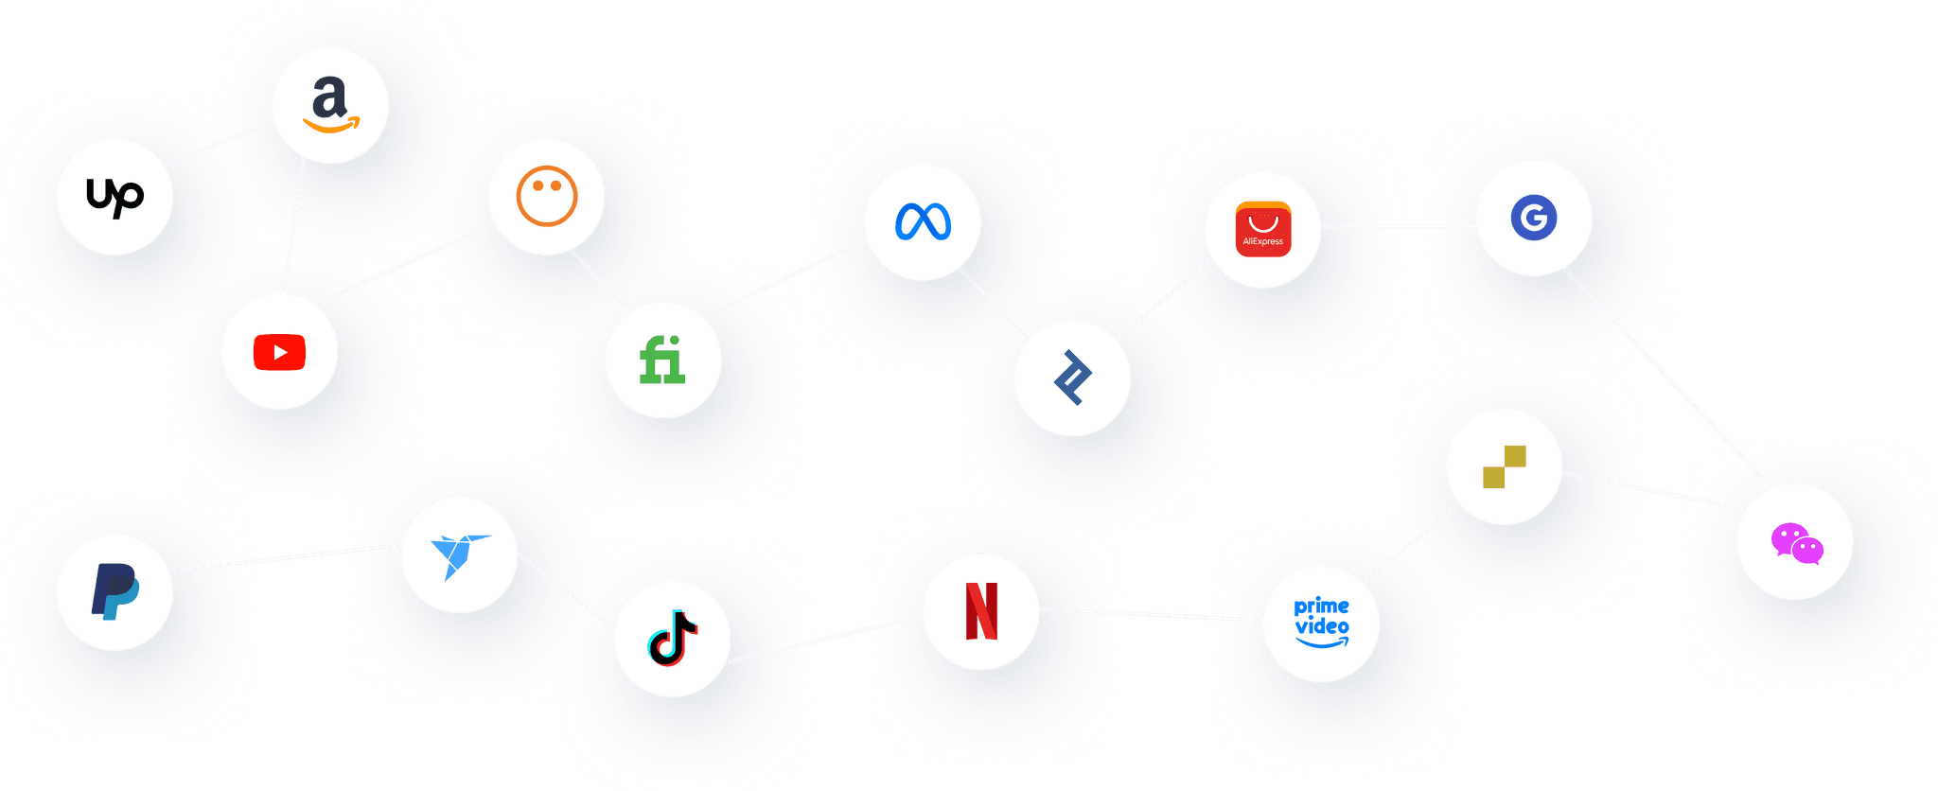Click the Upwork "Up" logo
[115, 197]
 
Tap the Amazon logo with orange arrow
[330, 105]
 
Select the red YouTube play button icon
[279, 352]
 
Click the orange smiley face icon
[546, 196]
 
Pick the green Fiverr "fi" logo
[662, 360]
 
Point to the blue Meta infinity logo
[923, 221]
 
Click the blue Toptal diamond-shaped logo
[1072, 378]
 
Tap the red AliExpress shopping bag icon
[1262, 229]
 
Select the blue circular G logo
[1534, 218]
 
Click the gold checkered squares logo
[1504, 466]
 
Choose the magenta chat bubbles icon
[1796, 543]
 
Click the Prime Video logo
[1321, 623]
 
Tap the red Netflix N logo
[981, 611]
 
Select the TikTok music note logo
[672, 638]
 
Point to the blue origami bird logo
[459, 554]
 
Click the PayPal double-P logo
[115, 591]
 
